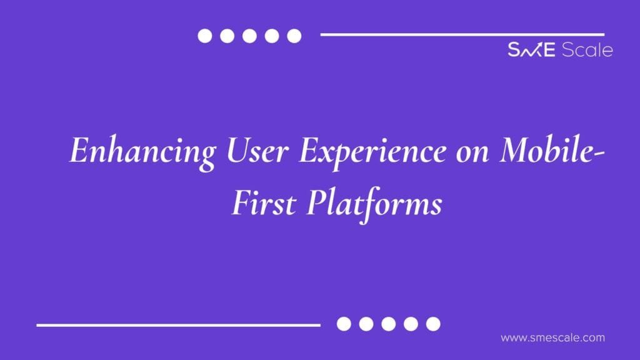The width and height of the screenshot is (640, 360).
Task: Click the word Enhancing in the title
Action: click(143, 152)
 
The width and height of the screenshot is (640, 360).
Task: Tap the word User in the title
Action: click(257, 150)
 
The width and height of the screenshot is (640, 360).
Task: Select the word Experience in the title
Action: click(372, 152)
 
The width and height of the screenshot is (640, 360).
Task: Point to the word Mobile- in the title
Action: click(551, 149)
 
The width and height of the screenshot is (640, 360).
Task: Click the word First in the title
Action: click(264, 202)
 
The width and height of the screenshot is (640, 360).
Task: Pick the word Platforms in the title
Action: click(374, 204)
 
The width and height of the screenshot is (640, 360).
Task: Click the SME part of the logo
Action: click(531, 49)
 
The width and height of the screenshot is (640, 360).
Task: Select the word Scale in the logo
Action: click(587, 49)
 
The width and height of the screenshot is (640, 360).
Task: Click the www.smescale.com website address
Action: click(552, 338)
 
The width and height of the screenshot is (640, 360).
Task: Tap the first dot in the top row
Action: click(205, 36)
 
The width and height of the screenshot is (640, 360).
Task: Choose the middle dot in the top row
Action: click(249, 36)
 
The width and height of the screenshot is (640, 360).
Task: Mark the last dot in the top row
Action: click(294, 36)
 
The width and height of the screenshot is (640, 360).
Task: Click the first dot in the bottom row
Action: click(344, 324)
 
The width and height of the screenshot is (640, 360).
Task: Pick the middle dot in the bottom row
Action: click(388, 324)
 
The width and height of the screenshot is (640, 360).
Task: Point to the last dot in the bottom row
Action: click(433, 324)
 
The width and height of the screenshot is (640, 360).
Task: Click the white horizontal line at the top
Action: click(462, 35)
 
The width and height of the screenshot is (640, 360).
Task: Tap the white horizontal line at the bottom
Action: click(178, 325)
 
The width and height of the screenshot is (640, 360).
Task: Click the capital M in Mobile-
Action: click(517, 150)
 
